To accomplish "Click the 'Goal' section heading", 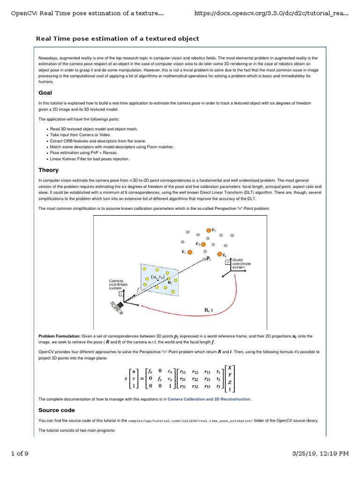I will [45, 93].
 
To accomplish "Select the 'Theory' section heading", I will [48, 170].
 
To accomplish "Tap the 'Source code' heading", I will [56, 410].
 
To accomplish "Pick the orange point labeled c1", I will [219, 254].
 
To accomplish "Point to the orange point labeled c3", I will [190, 252].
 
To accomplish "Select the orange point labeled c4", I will [203, 244].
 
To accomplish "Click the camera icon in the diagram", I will [117, 307].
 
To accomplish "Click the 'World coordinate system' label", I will [241, 263].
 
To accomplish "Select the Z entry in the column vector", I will [230, 382].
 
